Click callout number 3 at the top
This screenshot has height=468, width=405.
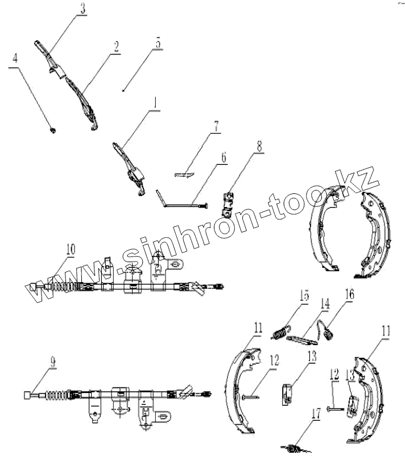pos(83,8)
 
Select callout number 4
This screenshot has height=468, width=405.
pos(15,58)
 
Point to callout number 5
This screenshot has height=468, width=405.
pos(158,43)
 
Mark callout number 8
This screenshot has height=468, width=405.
pos(259,145)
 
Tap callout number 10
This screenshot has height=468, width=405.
pos(70,250)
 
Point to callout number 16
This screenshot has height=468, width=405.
pos(348,294)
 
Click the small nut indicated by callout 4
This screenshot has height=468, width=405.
pos(52,130)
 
